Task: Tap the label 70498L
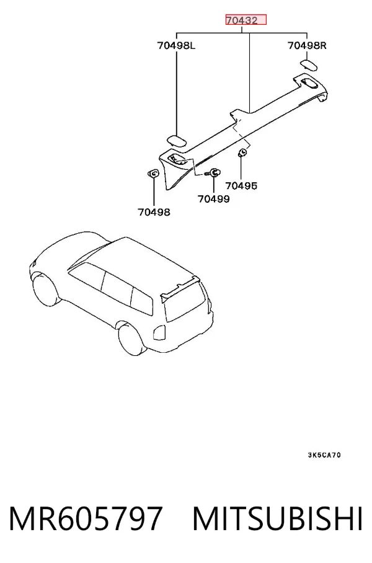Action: [x=176, y=46]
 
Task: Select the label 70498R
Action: [x=307, y=46]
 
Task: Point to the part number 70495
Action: [x=241, y=185]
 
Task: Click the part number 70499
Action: [x=214, y=198]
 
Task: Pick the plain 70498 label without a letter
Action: [x=154, y=212]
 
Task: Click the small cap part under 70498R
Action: [x=309, y=65]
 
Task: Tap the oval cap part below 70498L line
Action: [x=177, y=140]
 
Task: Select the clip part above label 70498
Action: [x=153, y=174]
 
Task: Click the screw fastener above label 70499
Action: [x=213, y=173]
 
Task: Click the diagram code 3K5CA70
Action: [x=324, y=455]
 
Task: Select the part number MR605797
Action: [x=86, y=518]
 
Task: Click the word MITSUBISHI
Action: [x=278, y=518]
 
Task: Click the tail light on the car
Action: [x=159, y=333]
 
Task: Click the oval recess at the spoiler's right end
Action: [x=309, y=82]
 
